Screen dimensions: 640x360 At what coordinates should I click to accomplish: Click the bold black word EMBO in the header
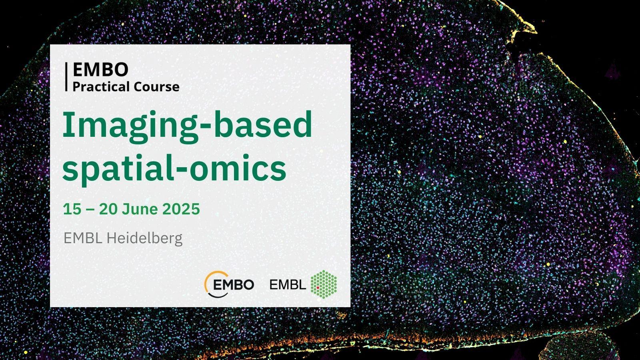tap(100, 70)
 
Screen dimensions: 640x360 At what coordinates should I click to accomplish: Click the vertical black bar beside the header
tap(66, 77)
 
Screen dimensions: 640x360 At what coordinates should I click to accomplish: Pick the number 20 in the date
tap(108, 209)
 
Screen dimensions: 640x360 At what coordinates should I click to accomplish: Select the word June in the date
tap(140, 209)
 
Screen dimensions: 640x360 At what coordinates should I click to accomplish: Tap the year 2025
tap(181, 209)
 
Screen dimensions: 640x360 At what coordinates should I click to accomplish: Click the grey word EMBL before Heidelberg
tap(83, 238)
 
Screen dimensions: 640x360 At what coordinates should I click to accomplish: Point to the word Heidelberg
tap(144, 239)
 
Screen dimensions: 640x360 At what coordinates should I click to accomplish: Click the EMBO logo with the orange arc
tap(229, 284)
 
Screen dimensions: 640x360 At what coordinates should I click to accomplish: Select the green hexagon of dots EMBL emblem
tap(324, 284)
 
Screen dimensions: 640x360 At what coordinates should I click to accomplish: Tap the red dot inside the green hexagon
tap(318, 288)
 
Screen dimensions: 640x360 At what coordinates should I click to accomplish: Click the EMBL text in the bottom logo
tap(288, 284)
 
